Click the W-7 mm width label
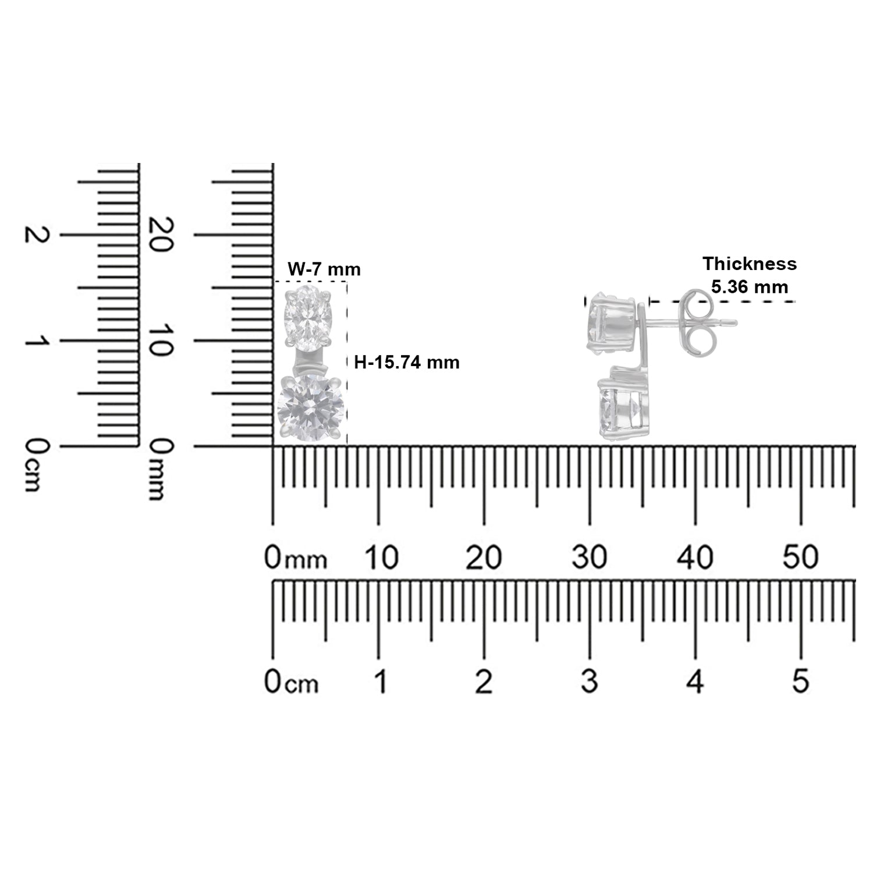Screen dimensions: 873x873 [x=324, y=269]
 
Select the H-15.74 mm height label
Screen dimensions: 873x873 [x=407, y=363]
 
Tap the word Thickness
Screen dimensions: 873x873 [x=750, y=264]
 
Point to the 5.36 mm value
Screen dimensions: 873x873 [x=750, y=286]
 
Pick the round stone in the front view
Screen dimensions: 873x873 [x=310, y=408]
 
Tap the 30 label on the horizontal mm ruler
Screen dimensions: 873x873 [x=590, y=558]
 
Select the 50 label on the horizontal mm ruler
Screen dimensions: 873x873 [x=801, y=558]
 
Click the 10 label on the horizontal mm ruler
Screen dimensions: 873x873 [x=381, y=558]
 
